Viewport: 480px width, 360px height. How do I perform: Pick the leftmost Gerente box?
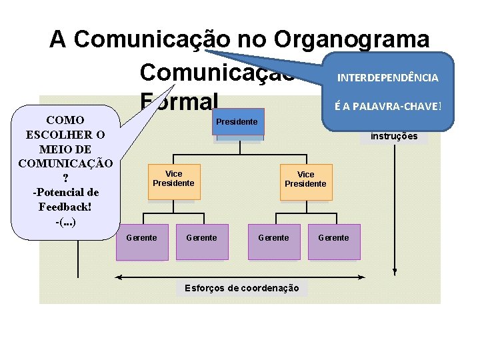click(x=141, y=239)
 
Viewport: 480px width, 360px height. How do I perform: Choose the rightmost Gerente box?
click(x=333, y=239)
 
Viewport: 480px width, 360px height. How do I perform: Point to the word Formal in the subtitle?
click(x=179, y=102)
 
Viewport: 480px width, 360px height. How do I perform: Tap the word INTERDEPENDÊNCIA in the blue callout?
click(x=387, y=78)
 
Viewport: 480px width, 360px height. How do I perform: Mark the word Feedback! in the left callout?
click(x=65, y=207)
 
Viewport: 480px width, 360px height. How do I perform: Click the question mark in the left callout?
click(x=65, y=178)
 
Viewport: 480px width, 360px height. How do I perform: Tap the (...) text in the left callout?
click(x=65, y=221)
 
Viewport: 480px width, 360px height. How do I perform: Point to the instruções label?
click(x=393, y=136)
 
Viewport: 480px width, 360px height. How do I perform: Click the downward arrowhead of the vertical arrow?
click(x=395, y=272)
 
